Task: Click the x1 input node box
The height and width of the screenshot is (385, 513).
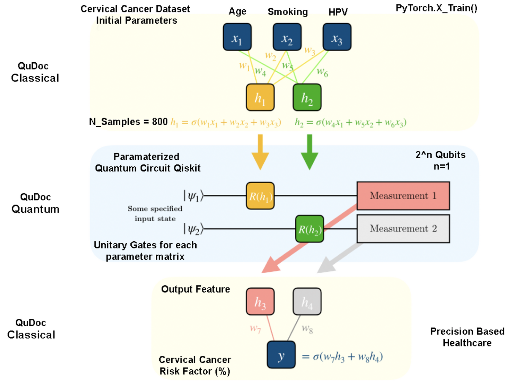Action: pyautogui.click(x=237, y=37)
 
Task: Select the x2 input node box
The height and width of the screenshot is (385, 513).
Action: pyautogui.click(x=287, y=37)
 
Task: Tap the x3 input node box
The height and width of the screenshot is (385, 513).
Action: pyautogui.click(x=337, y=37)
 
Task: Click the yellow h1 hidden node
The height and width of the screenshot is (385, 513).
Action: pyautogui.click(x=260, y=98)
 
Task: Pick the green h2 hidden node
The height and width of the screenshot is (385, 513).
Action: pyautogui.click(x=307, y=98)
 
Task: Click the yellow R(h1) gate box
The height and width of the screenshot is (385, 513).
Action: pyautogui.click(x=260, y=196)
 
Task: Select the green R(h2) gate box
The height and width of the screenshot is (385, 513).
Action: pyautogui.click(x=309, y=229)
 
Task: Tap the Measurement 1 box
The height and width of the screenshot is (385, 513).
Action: pyautogui.click(x=403, y=196)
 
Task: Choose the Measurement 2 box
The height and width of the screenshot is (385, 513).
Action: pyautogui.click(x=403, y=229)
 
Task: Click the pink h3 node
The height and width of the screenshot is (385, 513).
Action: pyautogui.click(x=260, y=302)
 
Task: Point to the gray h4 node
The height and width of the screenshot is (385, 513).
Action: pyautogui.click(x=307, y=302)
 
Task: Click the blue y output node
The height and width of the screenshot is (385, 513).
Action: pyautogui.click(x=281, y=355)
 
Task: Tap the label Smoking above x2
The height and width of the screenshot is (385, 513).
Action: pyautogui.click(x=288, y=12)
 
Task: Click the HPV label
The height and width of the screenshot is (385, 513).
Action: pyautogui.click(x=338, y=12)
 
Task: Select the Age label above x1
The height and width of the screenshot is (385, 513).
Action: pyautogui.click(x=238, y=12)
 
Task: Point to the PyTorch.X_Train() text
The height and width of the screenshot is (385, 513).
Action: pyautogui.click(x=436, y=8)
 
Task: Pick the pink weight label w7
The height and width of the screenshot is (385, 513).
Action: pyautogui.click(x=255, y=329)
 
